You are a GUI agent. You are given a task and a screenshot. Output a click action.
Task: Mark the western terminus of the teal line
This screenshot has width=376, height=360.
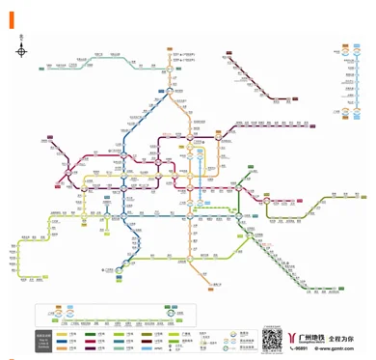[x=44, y=68]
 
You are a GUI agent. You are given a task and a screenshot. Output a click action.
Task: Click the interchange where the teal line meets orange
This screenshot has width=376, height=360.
[x=168, y=69]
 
